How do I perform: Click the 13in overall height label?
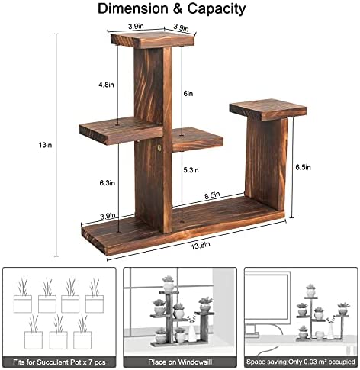point(45,145)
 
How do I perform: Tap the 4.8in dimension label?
point(106,85)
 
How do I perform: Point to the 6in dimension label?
point(188,94)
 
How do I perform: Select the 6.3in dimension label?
point(107,183)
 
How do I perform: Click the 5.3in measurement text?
point(191,170)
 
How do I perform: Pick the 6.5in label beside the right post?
point(303,167)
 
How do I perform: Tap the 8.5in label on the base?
point(212,195)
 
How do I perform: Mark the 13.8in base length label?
point(201,246)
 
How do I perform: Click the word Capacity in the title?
point(217,8)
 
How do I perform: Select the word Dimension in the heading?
point(133,8)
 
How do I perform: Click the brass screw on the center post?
point(159,148)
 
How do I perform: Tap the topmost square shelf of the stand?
point(153,40)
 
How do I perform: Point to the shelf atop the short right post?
point(268,109)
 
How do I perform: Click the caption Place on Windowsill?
point(180,362)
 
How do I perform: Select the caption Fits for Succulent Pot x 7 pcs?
point(59,362)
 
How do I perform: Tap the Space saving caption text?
point(301,362)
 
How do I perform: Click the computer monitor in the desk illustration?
point(268,300)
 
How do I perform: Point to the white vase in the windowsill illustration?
point(191,331)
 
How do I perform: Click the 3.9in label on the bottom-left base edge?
point(108,217)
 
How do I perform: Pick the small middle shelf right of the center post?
point(198,140)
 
